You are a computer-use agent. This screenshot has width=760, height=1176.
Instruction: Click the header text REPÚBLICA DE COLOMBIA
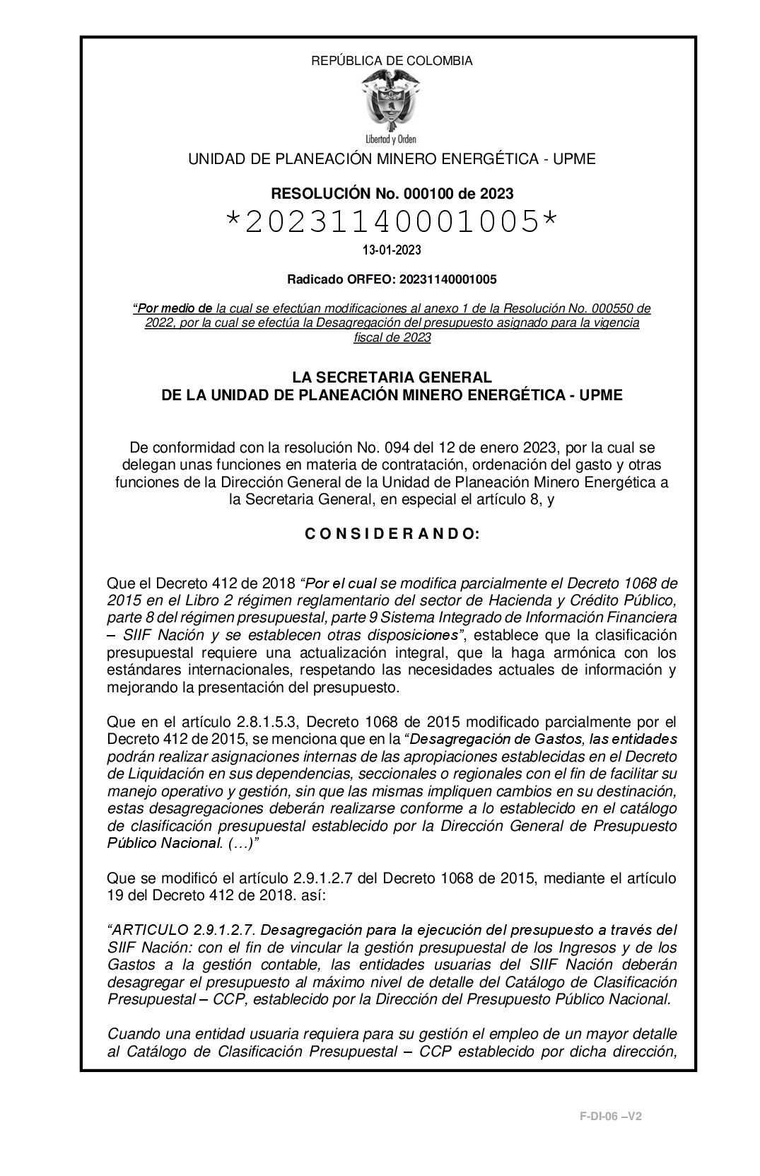[392, 61]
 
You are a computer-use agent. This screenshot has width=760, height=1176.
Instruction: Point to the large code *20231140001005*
[391, 222]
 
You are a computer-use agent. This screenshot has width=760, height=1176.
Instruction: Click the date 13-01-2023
[392, 250]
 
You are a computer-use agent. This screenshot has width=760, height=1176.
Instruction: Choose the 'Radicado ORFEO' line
[392, 279]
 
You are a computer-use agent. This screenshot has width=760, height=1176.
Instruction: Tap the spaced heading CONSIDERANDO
[392, 535]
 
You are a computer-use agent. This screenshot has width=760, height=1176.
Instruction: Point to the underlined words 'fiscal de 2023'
[392, 337]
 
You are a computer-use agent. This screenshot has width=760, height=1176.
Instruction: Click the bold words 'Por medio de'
[174, 309]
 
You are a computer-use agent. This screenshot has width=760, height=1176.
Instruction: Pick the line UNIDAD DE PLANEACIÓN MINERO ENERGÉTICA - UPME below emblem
[391, 159]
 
